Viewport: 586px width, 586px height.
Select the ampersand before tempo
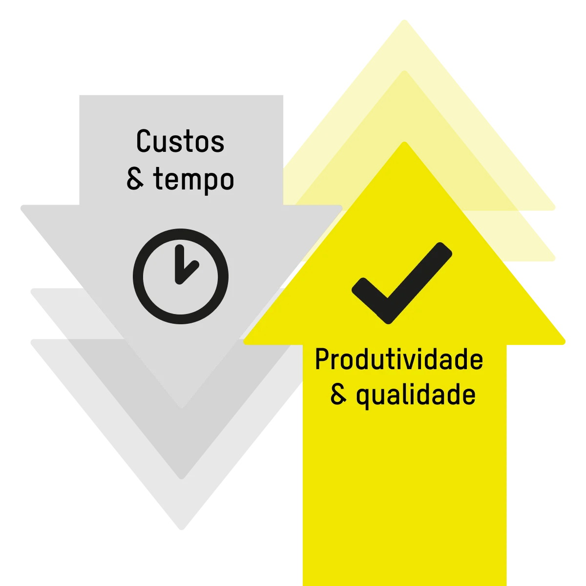coord(135,179)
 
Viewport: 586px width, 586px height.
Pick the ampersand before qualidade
coord(338,394)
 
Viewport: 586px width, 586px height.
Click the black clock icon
coord(181,276)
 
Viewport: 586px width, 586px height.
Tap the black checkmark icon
coord(402,283)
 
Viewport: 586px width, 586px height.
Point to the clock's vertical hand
coord(180,263)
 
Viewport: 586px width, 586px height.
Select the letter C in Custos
coord(144,141)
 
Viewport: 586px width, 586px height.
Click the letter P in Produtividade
coord(323,359)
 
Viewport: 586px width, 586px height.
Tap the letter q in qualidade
coord(363,398)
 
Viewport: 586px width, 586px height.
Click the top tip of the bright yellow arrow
coord(404,142)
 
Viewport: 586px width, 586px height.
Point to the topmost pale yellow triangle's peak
coord(404,20)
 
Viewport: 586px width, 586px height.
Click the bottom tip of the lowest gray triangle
coord(182,529)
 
